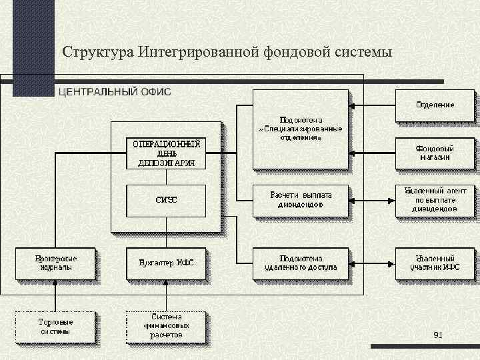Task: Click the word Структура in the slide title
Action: [99, 51]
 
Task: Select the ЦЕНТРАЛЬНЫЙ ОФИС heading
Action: [115, 91]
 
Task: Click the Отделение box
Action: [435, 106]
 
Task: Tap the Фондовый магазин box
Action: [435, 153]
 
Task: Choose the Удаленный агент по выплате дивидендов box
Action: [435, 200]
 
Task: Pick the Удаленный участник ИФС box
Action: [435, 263]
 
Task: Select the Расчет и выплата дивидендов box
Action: [300, 200]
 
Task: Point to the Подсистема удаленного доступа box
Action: [300, 263]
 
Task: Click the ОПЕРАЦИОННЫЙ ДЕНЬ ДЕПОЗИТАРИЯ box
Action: [166, 153]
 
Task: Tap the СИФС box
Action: [166, 200]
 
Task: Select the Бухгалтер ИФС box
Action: [166, 263]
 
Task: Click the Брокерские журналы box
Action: [56, 263]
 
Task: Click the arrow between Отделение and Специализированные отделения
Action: [373, 106]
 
